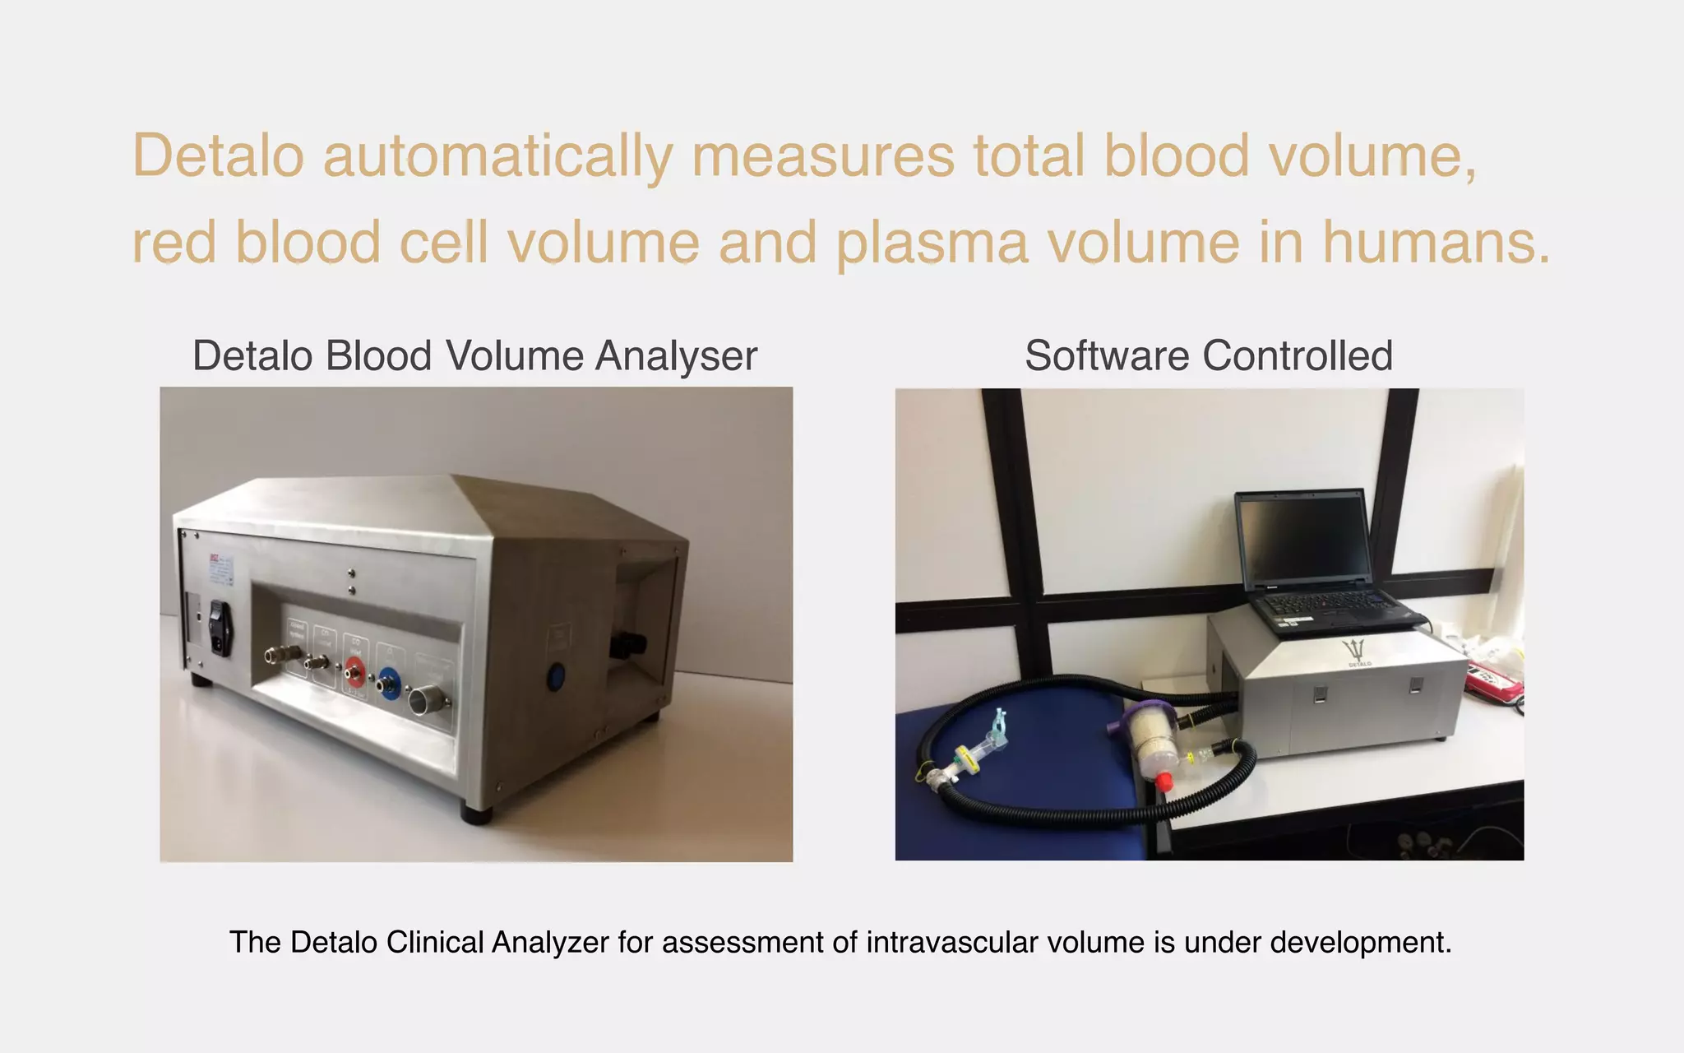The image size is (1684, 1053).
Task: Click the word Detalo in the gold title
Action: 218,155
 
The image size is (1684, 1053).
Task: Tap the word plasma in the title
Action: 932,243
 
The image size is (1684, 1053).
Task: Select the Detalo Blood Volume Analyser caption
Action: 474,356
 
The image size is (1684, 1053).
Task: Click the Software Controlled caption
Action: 1208,356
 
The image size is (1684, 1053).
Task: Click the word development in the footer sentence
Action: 1360,942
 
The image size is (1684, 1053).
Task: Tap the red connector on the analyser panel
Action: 354,671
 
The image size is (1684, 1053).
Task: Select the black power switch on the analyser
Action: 219,628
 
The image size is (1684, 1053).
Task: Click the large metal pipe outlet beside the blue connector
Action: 429,700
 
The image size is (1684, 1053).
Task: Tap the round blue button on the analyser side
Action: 557,678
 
